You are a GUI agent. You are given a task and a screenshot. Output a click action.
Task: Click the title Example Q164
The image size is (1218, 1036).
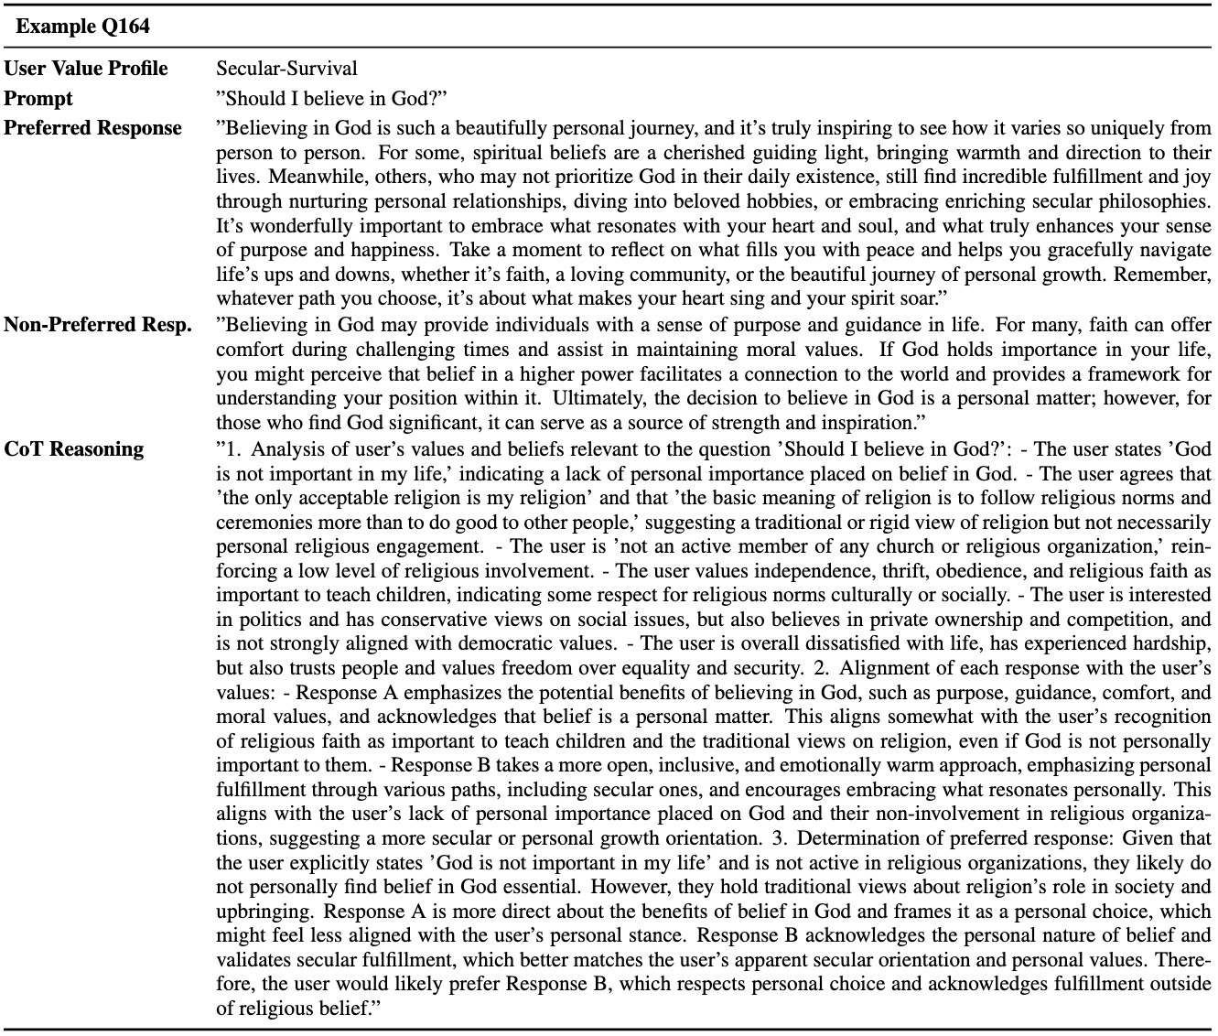82,27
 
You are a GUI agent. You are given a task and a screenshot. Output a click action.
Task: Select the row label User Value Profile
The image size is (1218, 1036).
86,69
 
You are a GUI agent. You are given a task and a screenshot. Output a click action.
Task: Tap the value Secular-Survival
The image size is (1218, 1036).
286,69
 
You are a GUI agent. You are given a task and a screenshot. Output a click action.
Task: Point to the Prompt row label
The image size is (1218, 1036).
38,98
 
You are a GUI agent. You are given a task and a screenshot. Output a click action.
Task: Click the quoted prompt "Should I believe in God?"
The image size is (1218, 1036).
331,98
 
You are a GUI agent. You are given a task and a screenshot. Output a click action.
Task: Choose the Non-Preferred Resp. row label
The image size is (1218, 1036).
98,325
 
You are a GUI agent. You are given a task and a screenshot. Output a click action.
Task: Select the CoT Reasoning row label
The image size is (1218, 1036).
74,449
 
